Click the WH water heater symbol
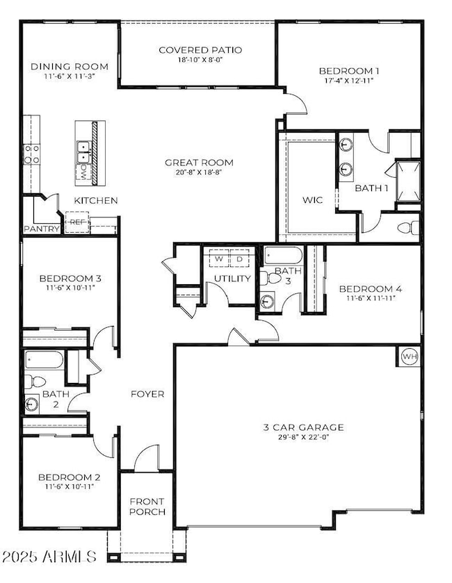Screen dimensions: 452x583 410,356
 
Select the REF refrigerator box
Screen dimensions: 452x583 77,222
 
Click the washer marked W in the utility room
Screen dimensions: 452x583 220,258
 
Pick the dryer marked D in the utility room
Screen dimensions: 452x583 240,258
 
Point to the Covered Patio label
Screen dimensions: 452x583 200,50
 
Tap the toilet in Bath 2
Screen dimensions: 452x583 35,381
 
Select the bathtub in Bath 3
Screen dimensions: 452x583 283,256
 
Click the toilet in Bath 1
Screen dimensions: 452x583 407,227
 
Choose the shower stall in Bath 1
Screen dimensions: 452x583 408,181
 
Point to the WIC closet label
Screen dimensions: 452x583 312,200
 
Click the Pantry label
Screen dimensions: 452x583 42,229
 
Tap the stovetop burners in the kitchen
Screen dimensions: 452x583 31,154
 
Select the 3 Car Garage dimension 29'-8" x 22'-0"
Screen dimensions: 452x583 304,437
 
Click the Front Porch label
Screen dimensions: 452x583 147,507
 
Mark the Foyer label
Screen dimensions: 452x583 147,394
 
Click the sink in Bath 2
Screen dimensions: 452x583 31,404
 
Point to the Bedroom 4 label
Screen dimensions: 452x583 371,288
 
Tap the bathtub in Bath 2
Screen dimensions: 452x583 44,359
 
